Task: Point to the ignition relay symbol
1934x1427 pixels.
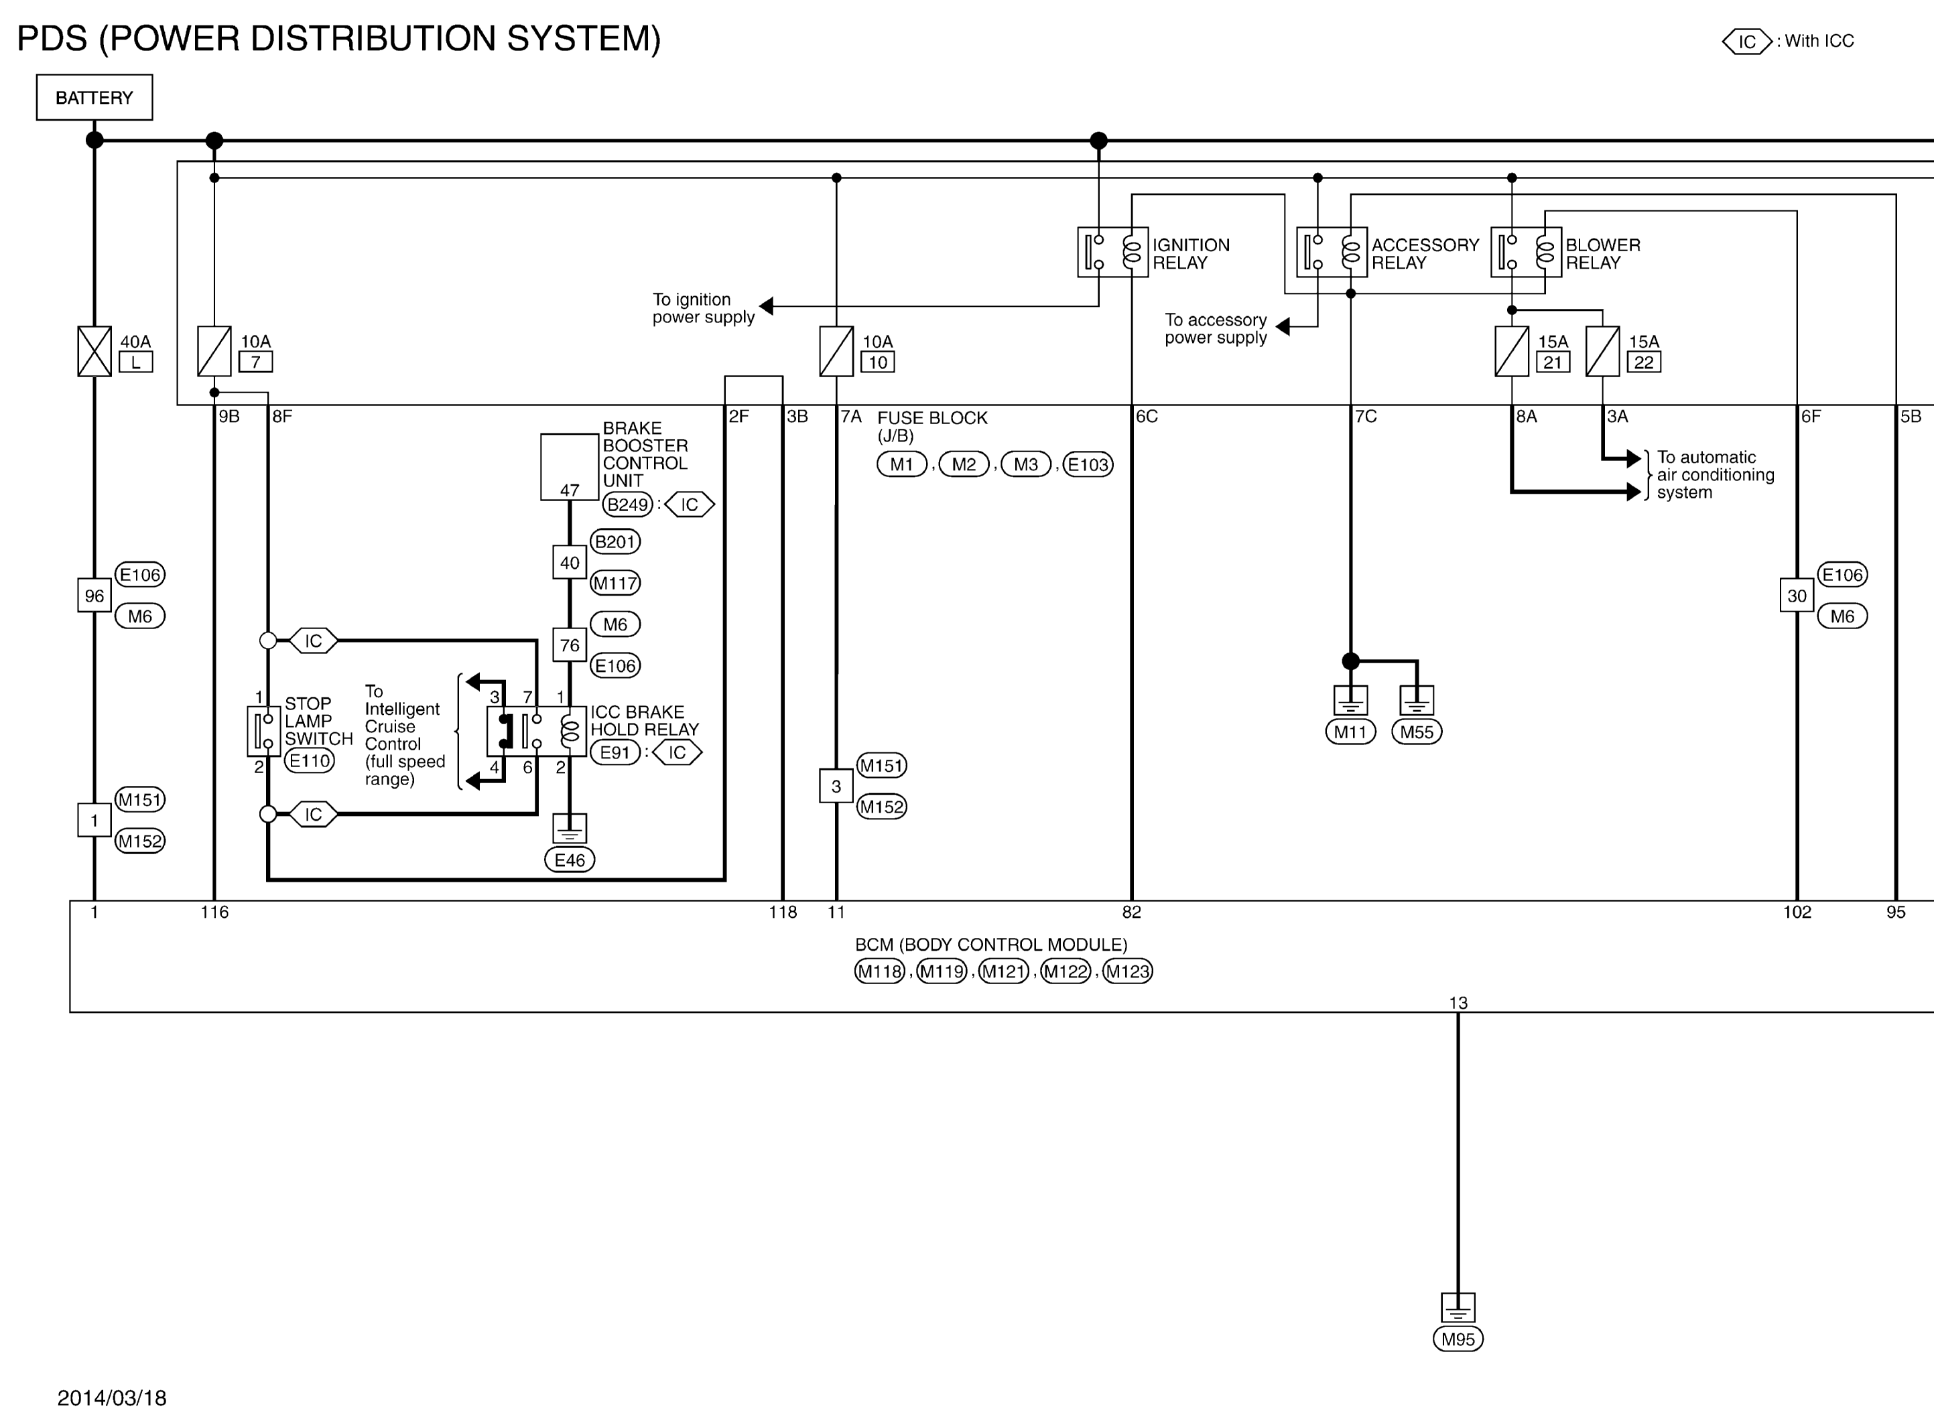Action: (x=1112, y=252)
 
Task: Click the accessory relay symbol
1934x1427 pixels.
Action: (x=1331, y=252)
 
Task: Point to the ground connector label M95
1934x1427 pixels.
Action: (x=1458, y=1339)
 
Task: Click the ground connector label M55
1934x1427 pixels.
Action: (x=1417, y=732)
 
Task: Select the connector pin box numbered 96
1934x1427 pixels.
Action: (x=94, y=595)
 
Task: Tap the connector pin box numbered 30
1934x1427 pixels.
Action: (x=1797, y=595)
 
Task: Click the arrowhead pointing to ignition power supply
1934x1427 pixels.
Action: (x=766, y=305)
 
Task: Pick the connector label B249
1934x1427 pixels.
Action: (x=628, y=504)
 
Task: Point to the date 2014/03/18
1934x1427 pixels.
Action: (x=113, y=1398)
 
